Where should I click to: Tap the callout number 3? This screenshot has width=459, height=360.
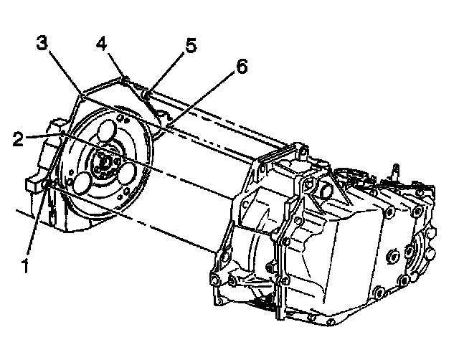pyautogui.click(x=44, y=45)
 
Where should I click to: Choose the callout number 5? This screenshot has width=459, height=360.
pyautogui.click(x=189, y=47)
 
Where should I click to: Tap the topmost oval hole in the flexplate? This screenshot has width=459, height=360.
pyautogui.click(x=108, y=133)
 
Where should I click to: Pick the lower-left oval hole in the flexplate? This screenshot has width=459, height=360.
pyautogui.click(x=81, y=181)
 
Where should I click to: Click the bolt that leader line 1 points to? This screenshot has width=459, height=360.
pyautogui.click(x=48, y=186)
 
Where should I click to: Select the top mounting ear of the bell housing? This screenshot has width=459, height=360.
pyautogui.click(x=301, y=152)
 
